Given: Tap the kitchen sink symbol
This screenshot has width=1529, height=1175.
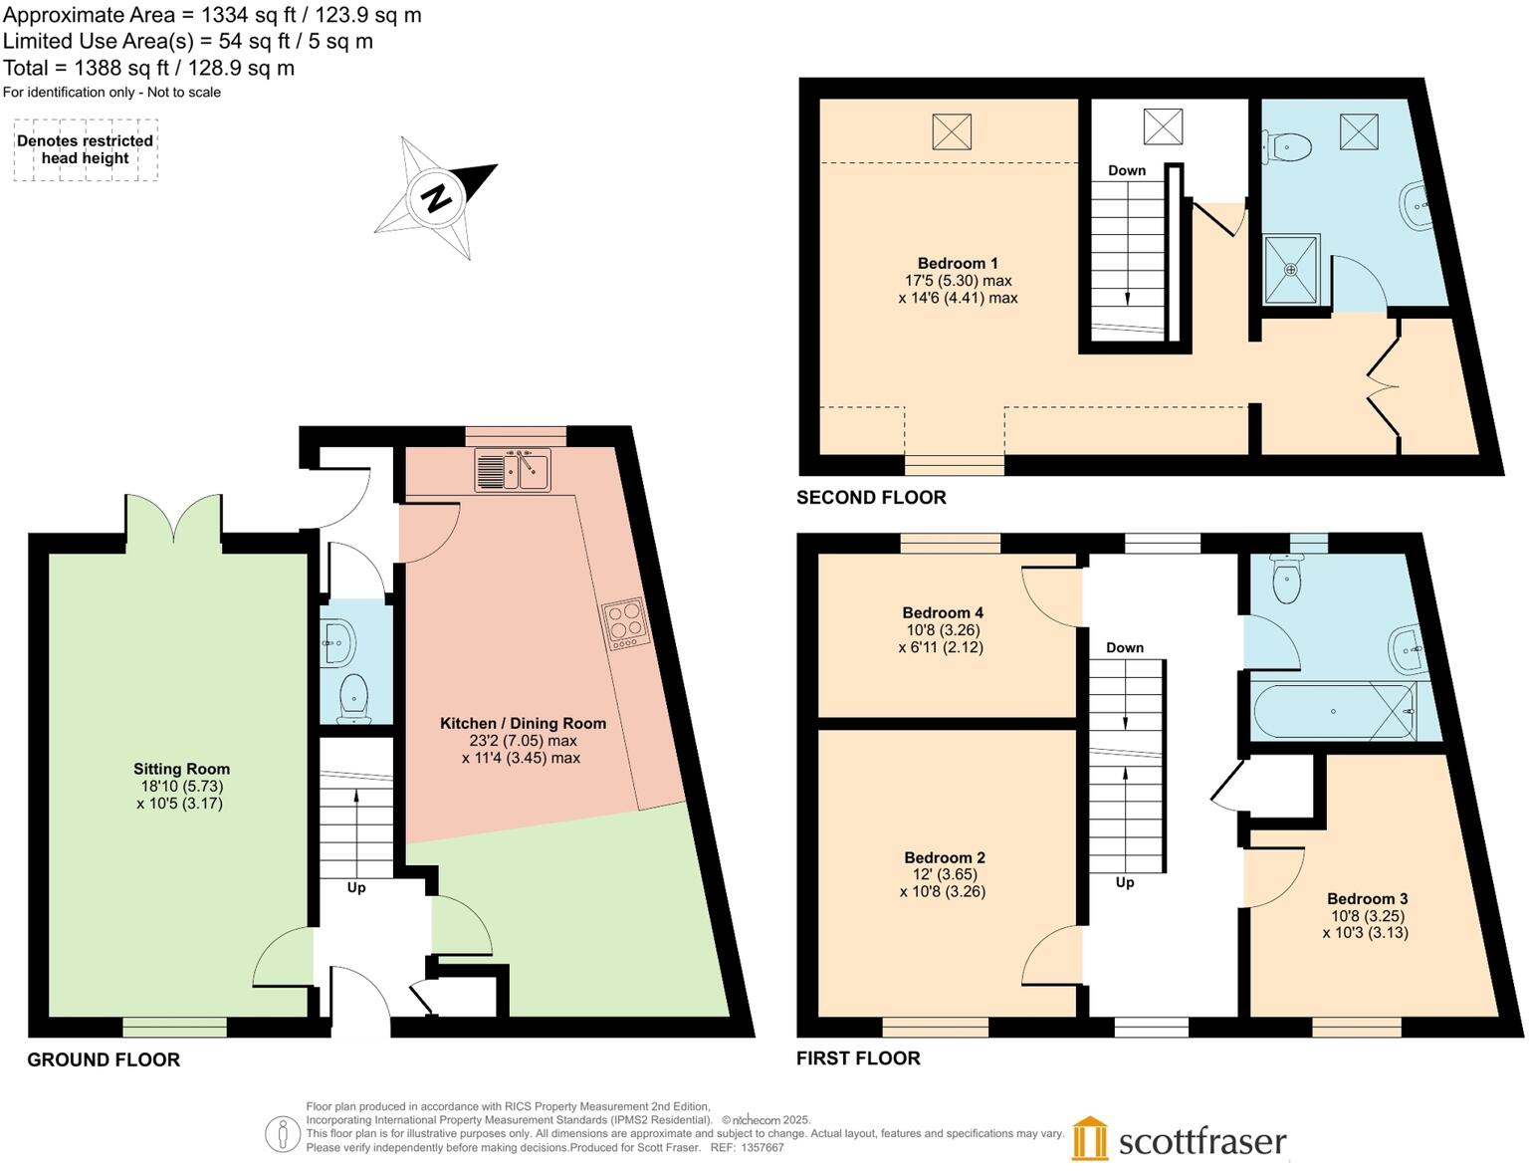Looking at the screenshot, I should click(x=513, y=470).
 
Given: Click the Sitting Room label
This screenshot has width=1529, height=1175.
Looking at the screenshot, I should click(x=181, y=769).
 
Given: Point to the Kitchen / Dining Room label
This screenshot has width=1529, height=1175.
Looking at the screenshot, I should click(x=523, y=724).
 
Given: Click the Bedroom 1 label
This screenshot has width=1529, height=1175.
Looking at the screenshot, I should click(x=958, y=263).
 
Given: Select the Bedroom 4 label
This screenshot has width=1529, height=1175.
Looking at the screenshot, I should click(x=943, y=612).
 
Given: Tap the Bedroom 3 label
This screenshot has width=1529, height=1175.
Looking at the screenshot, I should click(x=1367, y=898).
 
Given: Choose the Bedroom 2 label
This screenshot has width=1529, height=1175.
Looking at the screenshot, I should click(x=945, y=857).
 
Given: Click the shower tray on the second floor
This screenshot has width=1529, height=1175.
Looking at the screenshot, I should click(x=1291, y=269).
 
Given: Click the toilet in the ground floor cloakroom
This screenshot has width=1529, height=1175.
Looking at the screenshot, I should click(x=353, y=698).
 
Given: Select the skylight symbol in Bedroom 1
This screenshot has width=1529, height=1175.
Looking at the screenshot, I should click(x=952, y=131).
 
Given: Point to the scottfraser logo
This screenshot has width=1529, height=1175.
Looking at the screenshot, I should click(x=1180, y=1140).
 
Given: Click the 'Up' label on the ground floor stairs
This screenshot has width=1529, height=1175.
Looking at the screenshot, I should click(x=355, y=887).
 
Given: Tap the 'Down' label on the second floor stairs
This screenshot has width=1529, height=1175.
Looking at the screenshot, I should click(x=1127, y=170).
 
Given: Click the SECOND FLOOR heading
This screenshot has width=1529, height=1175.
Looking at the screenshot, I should click(x=871, y=497).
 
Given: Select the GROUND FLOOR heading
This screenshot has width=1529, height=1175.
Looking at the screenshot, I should click(x=104, y=1059).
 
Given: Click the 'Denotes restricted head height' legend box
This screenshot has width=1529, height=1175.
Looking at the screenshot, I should click(x=86, y=149).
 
